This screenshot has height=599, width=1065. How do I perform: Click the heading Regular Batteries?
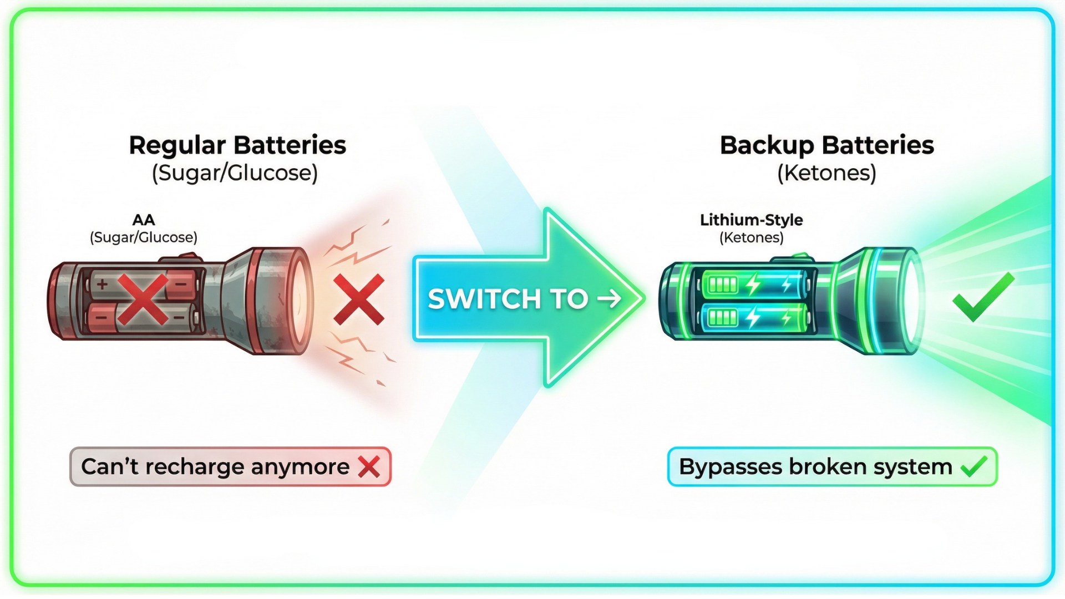coord(237,145)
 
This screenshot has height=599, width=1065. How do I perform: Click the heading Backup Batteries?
coord(826,145)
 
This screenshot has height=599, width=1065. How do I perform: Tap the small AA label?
coord(144,220)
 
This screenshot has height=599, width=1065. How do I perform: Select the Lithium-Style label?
coord(751,220)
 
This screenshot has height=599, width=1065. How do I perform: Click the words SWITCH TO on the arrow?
coord(508,299)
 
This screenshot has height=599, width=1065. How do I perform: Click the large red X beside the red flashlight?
coord(359,299)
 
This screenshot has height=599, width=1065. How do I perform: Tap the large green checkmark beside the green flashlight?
coord(983,297)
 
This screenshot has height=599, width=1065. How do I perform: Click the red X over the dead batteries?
coord(143,299)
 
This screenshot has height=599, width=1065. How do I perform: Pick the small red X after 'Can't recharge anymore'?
coord(369,467)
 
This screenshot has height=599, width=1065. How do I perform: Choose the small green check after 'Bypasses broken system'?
coord(974,466)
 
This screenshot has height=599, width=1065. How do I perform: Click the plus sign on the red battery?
coord(102,285)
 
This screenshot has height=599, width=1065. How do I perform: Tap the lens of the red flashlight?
coord(300,300)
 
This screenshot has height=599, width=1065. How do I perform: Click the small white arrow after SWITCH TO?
coord(609,299)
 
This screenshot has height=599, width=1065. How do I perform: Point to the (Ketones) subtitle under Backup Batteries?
coord(826,173)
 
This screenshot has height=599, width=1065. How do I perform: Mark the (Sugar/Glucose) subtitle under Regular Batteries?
coord(235,173)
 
